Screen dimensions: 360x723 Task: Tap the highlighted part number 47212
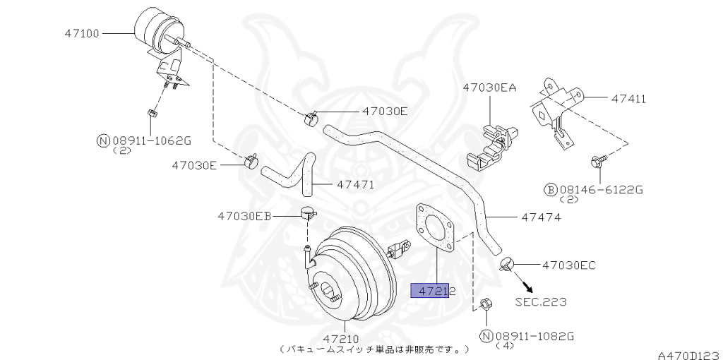[432, 290]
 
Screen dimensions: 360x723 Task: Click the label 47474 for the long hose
[541, 217]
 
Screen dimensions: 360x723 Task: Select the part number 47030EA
[489, 88]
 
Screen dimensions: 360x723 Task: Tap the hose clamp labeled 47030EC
[506, 265]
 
